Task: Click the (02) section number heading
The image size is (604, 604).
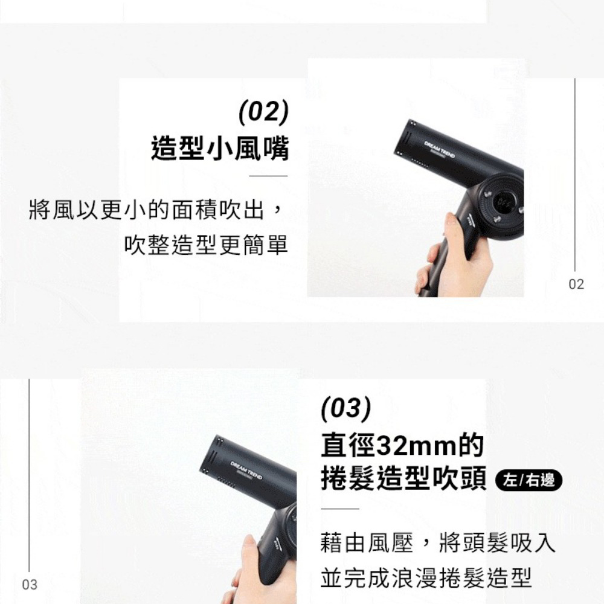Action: (x=263, y=112)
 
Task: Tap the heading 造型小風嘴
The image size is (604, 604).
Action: (x=220, y=149)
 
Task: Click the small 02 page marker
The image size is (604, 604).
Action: (x=576, y=284)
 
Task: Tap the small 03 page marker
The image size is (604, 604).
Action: (x=30, y=585)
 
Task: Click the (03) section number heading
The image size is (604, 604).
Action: (x=346, y=408)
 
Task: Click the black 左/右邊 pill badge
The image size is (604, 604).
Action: (x=529, y=480)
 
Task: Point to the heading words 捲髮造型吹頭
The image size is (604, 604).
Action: (x=403, y=478)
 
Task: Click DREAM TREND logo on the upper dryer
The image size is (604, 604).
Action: (x=439, y=149)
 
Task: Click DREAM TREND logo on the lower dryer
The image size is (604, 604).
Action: (x=246, y=470)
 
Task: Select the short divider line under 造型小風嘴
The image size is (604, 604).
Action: (x=269, y=176)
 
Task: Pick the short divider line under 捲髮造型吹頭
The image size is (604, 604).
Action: (x=339, y=509)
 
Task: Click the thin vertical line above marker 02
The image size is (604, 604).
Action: (x=575, y=175)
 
